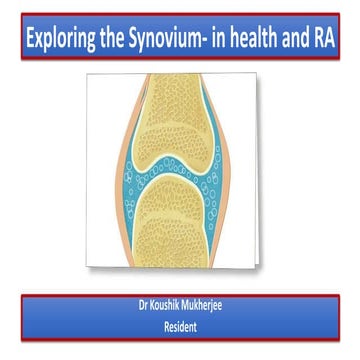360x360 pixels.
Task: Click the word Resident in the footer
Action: point(179,323)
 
